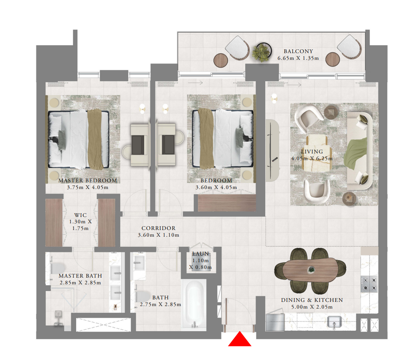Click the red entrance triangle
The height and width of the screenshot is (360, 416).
point(240,339)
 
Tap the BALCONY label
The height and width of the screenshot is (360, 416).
point(298,51)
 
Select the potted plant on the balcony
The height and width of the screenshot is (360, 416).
point(262,51)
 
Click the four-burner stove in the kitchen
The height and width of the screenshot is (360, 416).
point(369,284)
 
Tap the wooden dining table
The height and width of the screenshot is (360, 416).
point(309,270)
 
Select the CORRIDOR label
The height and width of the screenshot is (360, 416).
point(158,228)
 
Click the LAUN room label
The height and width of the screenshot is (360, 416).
point(200,254)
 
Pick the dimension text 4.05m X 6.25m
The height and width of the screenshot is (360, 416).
point(312,158)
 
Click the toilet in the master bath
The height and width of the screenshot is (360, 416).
point(58,268)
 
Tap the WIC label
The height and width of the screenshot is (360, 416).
point(80,215)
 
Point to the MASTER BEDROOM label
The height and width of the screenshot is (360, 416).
point(88,181)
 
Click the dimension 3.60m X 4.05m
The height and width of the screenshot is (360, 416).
point(216,187)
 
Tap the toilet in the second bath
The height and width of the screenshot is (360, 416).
point(143,296)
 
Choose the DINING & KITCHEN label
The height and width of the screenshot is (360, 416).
point(312,300)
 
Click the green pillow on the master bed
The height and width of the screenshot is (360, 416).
point(62,140)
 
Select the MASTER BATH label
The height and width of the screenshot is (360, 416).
point(80,276)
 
